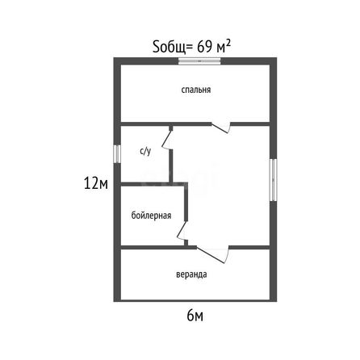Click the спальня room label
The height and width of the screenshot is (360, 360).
[196, 90]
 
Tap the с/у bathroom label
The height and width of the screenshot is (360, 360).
[145, 151]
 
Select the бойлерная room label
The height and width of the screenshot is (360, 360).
[151, 216]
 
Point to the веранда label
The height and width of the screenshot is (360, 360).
[191, 274]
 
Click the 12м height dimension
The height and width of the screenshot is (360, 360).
[96, 184]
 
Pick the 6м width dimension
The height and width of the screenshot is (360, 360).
[195, 316]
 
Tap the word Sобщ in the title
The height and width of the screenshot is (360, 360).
[169, 47]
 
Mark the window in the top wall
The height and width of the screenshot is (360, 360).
[199, 61]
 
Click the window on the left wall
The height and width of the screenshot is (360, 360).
[117, 154]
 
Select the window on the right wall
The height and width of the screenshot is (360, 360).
[274, 180]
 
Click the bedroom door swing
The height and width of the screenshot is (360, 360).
[221, 128]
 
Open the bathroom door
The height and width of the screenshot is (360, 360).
[166, 140]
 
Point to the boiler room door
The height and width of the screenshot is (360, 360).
[182, 231]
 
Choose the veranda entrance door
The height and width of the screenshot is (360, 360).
[213, 254]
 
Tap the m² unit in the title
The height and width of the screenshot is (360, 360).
[224, 46]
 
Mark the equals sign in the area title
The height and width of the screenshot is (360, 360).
[190, 48]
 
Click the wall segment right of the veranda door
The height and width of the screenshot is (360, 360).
[249, 247]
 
